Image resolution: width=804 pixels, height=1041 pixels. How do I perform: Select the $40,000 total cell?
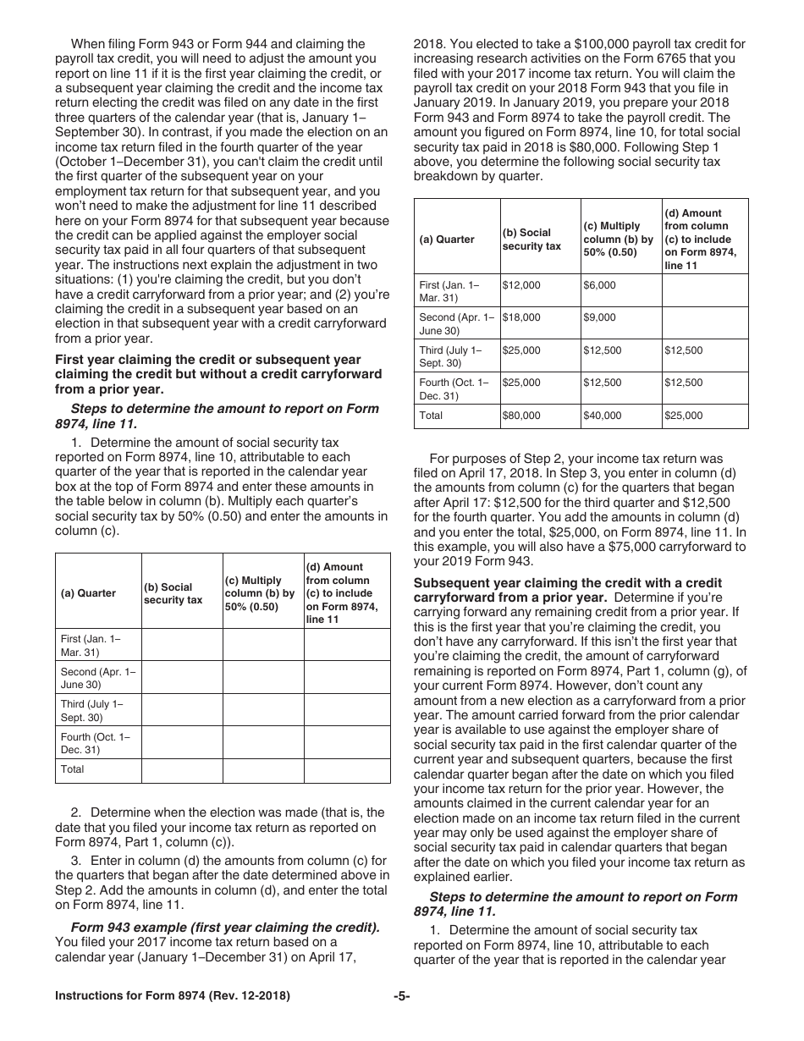[602, 416]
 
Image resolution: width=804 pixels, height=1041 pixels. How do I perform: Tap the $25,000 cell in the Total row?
[683, 416]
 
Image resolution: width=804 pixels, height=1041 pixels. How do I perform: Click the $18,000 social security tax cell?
[521, 317]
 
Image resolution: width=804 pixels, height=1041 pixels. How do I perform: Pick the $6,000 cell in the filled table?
[599, 285]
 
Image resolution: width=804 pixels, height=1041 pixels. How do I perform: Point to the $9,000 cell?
[599, 317]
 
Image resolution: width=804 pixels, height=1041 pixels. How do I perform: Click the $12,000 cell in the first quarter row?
[521, 285]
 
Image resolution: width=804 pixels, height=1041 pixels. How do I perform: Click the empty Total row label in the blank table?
[73, 769]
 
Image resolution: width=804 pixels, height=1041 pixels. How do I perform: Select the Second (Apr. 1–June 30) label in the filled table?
[455, 323]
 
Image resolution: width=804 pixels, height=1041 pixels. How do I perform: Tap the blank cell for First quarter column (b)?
[181, 645]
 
